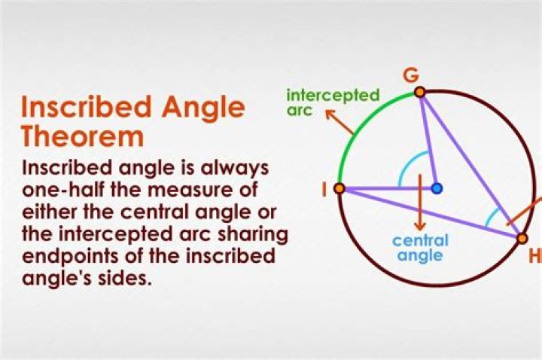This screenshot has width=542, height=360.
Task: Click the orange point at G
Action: tap(420, 93)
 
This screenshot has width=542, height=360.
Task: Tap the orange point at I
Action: tap(340, 188)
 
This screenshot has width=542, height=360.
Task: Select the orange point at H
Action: tap(522, 238)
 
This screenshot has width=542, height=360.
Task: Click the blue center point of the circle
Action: tap(437, 188)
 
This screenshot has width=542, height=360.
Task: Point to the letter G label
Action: tap(411, 76)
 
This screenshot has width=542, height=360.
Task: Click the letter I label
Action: tap(324, 189)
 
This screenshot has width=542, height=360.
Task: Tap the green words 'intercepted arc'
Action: tap(333, 102)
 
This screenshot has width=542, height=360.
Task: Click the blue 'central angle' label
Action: tap(420, 248)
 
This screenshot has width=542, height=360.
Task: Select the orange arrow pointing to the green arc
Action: tap(340, 121)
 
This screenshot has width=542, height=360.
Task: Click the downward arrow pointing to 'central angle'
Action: tap(420, 203)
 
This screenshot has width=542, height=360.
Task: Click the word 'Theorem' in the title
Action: tap(82, 137)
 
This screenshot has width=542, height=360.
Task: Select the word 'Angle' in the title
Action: tap(203, 108)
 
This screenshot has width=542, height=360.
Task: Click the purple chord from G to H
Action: tap(471, 165)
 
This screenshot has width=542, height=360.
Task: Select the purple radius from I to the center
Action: tap(388, 188)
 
